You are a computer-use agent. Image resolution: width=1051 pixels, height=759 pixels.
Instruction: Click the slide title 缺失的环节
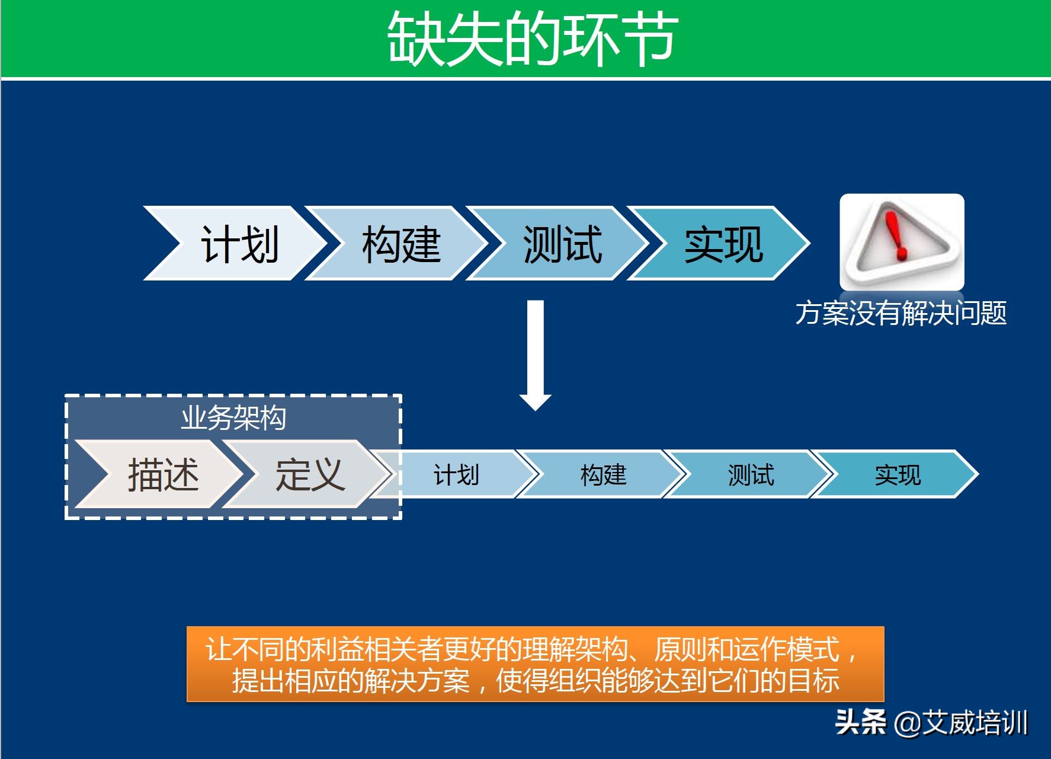[x=533, y=39]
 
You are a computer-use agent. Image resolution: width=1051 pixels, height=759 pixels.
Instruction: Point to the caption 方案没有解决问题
[x=901, y=313]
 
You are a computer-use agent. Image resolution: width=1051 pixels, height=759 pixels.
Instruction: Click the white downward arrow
[x=536, y=355]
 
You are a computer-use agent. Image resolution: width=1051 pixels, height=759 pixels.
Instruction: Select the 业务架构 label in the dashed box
[x=233, y=418]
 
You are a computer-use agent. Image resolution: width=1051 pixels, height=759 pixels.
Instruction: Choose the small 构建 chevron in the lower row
[x=601, y=474]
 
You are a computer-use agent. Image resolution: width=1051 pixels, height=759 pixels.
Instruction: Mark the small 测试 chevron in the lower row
[x=748, y=474]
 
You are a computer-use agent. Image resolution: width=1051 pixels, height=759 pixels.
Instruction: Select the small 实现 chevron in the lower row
[x=895, y=474]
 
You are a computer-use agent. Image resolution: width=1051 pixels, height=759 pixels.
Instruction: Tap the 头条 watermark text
[x=861, y=723]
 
